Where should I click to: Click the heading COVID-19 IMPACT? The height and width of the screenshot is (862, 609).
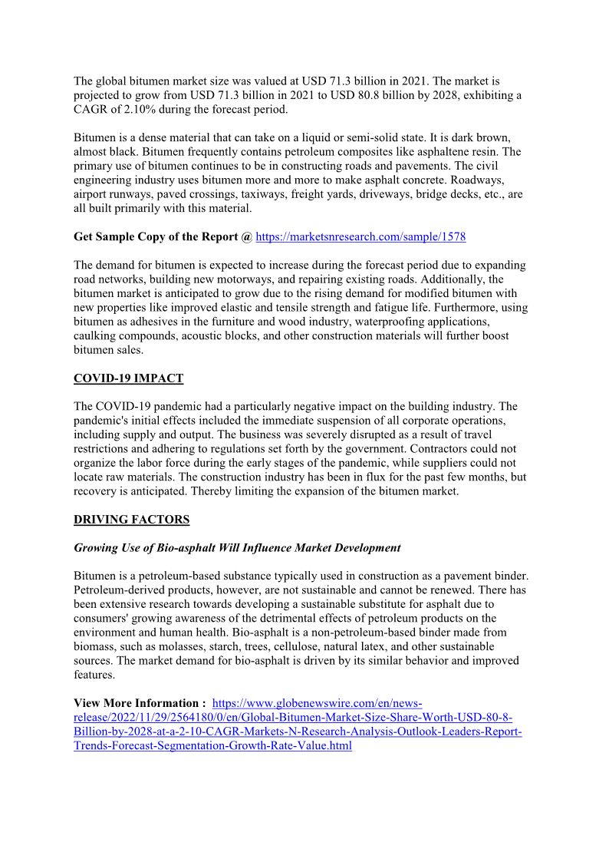[x=128, y=378]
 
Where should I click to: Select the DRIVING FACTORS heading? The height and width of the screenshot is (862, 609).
[x=131, y=520]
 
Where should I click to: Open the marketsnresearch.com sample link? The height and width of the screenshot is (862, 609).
[x=360, y=237]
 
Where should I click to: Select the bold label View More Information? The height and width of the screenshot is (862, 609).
[x=140, y=703]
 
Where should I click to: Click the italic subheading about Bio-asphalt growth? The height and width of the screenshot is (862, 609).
[x=237, y=548]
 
